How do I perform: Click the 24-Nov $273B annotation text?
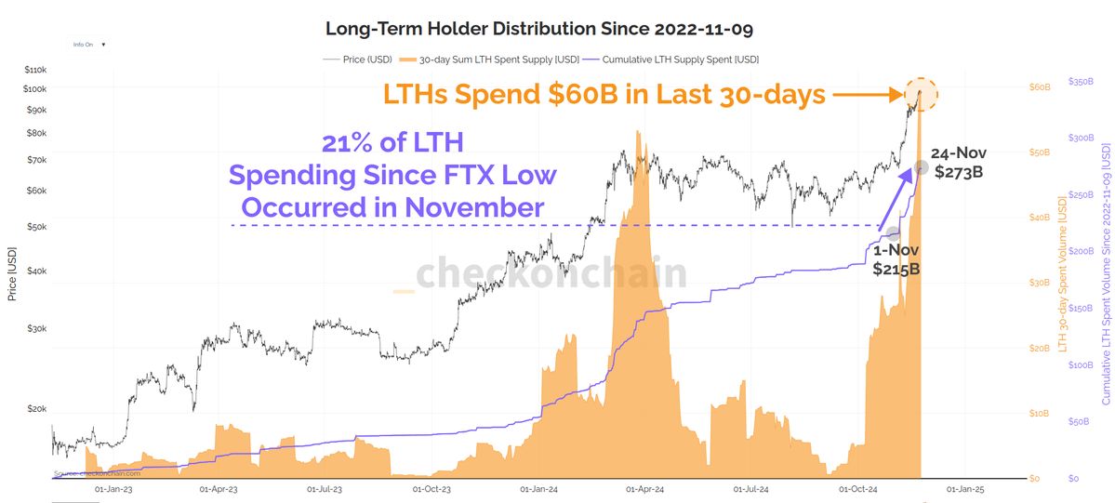pos(959,162)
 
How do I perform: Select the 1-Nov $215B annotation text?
pos(896,259)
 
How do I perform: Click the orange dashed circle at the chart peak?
pos(921,94)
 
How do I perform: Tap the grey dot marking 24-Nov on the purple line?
pos(921,167)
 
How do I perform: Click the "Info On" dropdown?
pos(90,44)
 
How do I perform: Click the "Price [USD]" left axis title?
pos(12,273)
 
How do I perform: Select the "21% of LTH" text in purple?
pos(392,144)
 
